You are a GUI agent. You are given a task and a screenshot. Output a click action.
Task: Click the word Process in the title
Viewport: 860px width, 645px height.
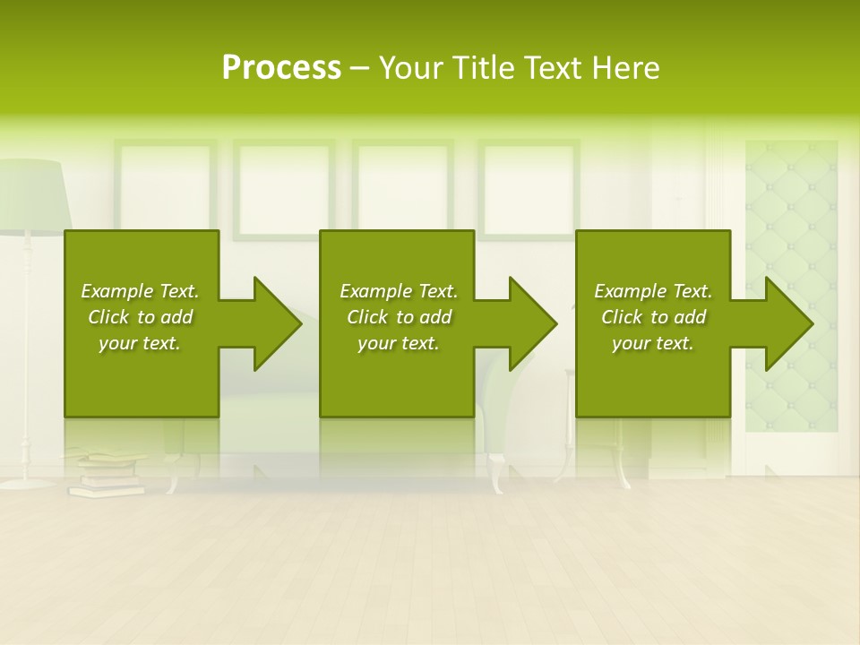(x=281, y=68)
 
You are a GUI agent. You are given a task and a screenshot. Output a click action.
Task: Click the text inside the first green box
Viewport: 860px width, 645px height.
(x=140, y=317)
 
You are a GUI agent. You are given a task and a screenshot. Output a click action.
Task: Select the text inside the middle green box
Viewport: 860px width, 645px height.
(x=399, y=317)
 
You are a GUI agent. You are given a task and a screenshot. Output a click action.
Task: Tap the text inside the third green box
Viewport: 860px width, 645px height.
(x=653, y=317)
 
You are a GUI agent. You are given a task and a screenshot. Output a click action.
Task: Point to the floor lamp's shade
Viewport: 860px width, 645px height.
(x=36, y=193)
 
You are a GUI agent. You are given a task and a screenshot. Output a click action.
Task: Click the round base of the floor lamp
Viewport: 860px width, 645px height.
(x=27, y=483)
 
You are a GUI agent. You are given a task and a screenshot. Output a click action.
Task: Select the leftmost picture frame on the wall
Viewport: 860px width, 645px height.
(x=165, y=184)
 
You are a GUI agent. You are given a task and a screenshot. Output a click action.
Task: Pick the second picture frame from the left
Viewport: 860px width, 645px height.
(x=284, y=184)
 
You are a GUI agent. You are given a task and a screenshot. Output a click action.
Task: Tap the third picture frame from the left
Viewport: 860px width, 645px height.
(x=402, y=184)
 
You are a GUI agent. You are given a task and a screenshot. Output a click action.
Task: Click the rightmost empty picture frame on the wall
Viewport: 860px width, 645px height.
(x=529, y=184)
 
